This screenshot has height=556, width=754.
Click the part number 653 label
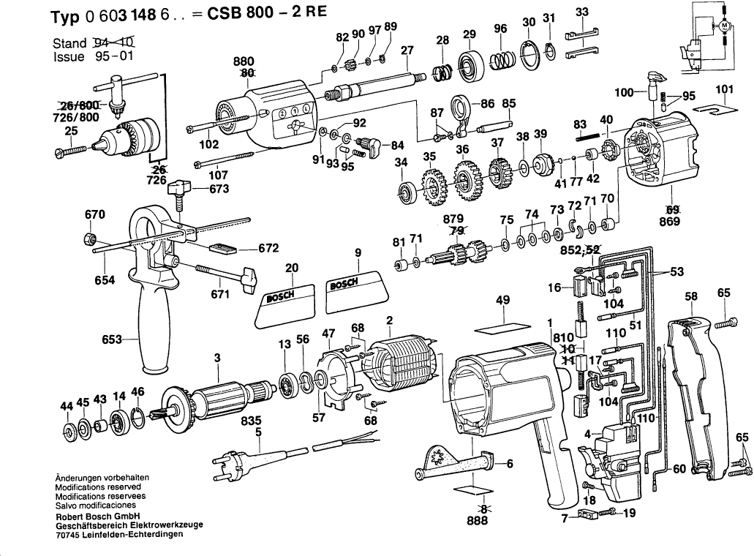pyautogui.click(x=113, y=339)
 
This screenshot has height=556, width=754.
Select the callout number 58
pyautogui.click(x=690, y=296)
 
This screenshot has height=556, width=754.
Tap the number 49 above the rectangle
pyautogui.click(x=502, y=300)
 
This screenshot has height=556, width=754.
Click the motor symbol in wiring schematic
pyautogui.click(x=725, y=26)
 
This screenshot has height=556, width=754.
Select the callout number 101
pyautogui.click(x=723, y=91)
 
